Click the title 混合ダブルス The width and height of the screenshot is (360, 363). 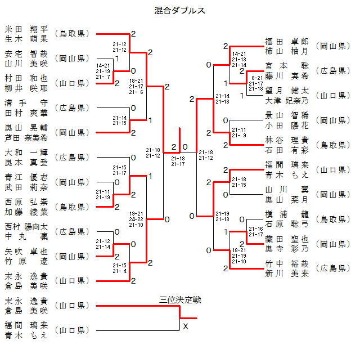click(179, 10)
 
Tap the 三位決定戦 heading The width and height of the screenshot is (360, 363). click(180, 300)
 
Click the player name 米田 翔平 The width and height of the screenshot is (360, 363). click(26, 29)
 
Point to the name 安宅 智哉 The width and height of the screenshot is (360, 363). click(26, 54)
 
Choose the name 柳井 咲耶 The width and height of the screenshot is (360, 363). click(26, 88)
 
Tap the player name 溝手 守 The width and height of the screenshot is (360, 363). click(26, 103)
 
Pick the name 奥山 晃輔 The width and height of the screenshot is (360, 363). click(26, 128)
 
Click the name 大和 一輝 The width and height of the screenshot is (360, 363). click(26, 153)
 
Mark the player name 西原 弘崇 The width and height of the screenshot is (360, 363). click(26, 202)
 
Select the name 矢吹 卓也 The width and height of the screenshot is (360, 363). click(26, 252)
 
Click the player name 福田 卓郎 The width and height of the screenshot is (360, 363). click(287, 42)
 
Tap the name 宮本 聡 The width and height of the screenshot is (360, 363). click(287, 66)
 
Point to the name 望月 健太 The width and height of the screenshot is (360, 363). click(287, 91)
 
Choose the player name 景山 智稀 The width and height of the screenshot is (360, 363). click(287, 115)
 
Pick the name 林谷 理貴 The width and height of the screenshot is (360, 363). click(287, 140)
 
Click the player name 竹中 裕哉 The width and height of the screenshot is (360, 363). click(287, 264)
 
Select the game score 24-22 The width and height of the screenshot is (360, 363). click(136, 219)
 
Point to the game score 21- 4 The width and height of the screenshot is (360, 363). click(119, 271)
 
